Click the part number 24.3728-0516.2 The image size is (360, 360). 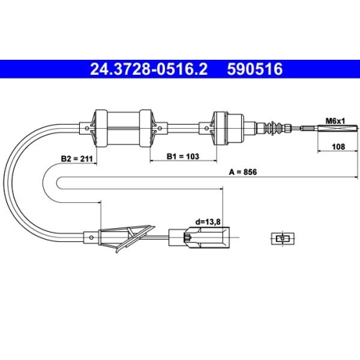[148, 69]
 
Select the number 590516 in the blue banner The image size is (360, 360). [255, 69]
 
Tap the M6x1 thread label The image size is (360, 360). [335, 121]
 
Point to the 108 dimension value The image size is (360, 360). [338, 146]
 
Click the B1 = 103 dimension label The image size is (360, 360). [183, 156]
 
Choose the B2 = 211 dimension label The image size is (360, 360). [77, 158]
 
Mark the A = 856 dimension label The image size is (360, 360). [243, 172]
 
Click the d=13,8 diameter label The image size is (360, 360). [208, 222]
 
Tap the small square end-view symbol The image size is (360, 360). [283, 238]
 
